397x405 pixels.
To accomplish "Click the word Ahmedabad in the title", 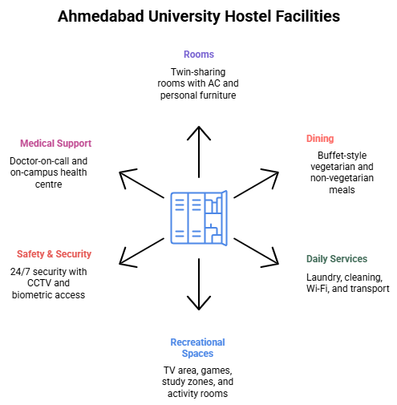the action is [101, 16].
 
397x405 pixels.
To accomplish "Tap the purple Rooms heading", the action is [199, 55].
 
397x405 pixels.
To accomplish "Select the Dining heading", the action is [320, 139].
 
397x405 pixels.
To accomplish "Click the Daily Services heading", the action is [337, 259].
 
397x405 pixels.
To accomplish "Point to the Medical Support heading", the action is [55, 144].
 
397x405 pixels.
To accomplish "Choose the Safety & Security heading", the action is [54, 254].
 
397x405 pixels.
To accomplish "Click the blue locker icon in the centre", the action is [199, 218].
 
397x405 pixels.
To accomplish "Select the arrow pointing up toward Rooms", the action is [199, 152].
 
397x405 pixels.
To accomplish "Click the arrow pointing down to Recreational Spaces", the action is [199, 284].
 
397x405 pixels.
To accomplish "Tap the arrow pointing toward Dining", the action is [256, 184].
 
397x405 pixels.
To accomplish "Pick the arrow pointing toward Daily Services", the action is [256, 253].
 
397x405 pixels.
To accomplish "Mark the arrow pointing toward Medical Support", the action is [141, 184].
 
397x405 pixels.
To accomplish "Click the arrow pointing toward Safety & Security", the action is [141, 253].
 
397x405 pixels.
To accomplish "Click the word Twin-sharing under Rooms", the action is [198, 72].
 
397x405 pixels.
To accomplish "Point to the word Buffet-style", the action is [342, 156].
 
